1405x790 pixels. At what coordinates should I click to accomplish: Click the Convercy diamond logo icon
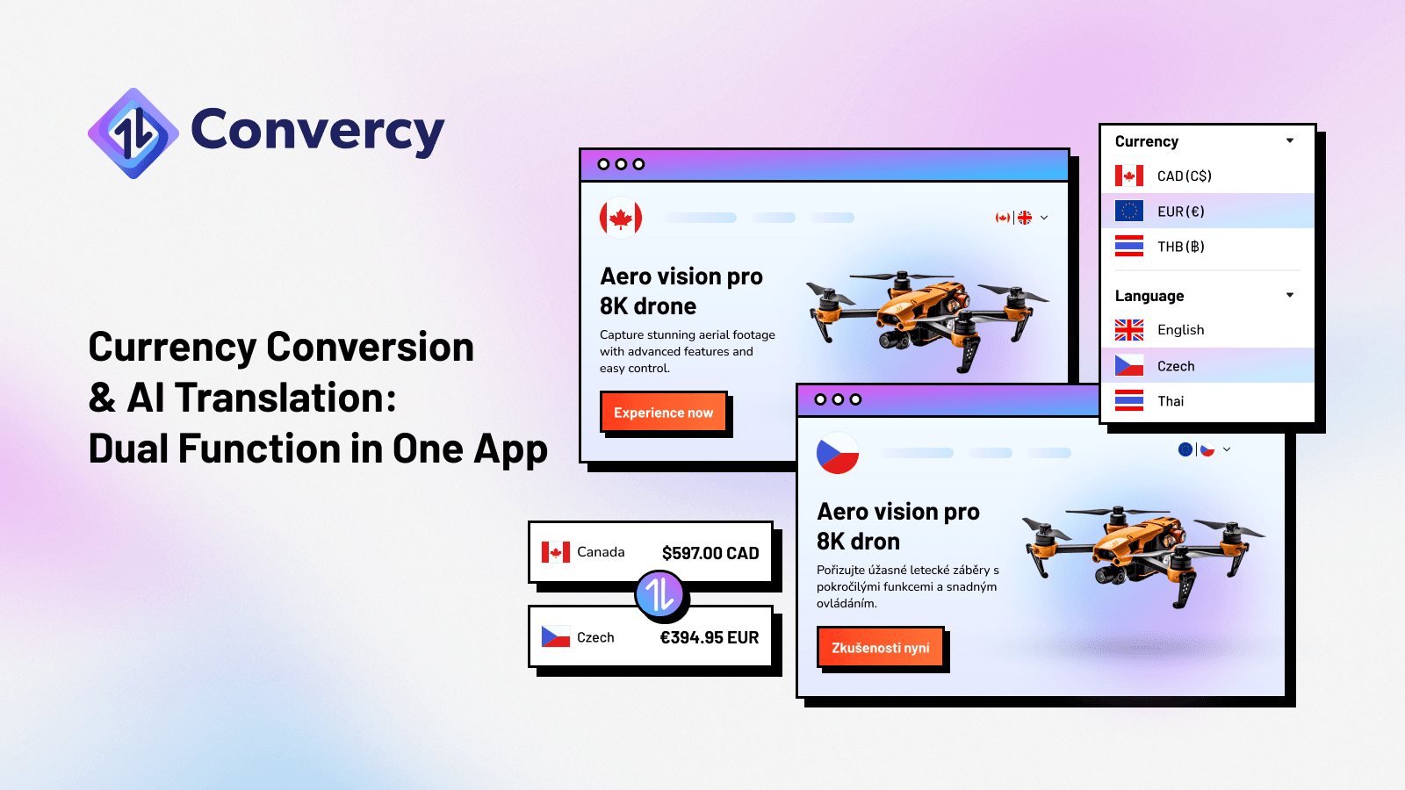133,133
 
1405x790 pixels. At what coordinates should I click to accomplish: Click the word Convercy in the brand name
317,131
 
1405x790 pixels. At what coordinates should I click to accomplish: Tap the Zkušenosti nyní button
880,648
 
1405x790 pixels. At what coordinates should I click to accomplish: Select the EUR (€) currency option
1180,212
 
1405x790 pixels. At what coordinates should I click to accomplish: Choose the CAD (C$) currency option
1184,176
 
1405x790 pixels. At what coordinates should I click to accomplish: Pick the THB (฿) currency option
1180,247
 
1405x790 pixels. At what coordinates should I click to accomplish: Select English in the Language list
1180,330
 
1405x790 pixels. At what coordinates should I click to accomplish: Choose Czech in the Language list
1176,366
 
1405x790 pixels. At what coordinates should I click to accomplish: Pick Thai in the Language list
1171,401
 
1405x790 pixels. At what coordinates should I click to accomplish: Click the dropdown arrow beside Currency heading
1290,140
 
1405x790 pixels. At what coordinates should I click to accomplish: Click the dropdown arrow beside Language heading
1290,295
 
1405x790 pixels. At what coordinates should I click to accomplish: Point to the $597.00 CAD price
710,553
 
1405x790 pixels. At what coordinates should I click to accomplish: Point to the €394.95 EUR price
710,637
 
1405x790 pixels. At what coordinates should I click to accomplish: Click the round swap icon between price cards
659,594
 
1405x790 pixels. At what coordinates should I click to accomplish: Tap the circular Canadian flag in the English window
621,218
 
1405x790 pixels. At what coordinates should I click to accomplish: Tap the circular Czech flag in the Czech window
838,453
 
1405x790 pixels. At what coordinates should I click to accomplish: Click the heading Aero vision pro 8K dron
897,526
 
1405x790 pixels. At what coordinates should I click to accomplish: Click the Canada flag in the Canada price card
556,552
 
